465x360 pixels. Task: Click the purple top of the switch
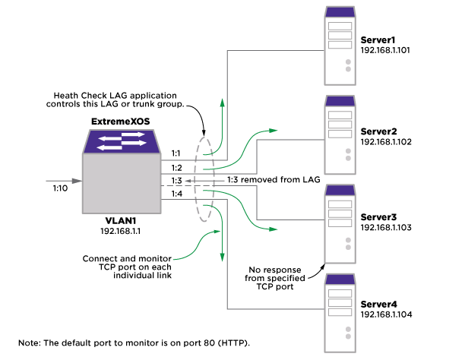point(122,141)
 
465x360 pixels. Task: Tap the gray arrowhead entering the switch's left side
point(77,181)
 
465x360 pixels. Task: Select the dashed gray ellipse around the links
point(204,179)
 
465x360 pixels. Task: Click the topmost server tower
point(340,46)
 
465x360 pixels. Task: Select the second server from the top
point(340,135)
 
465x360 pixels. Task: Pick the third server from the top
point(340,224)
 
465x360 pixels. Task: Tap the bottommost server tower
point(340,313)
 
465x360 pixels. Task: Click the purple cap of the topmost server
point(340,12)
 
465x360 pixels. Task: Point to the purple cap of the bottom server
point(340,279)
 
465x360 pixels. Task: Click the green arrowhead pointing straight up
point(223,103)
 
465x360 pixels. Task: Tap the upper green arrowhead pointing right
point(274,131)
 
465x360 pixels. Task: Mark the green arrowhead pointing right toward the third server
point(274,229)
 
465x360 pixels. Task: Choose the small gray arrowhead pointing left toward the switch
point(188,181)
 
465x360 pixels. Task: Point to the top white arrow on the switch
point(133,134)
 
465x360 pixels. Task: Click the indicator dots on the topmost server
point(348,65)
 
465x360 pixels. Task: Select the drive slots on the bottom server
point(340,302)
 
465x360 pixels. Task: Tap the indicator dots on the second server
point(348,154)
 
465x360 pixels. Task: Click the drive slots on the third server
point(340,213)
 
